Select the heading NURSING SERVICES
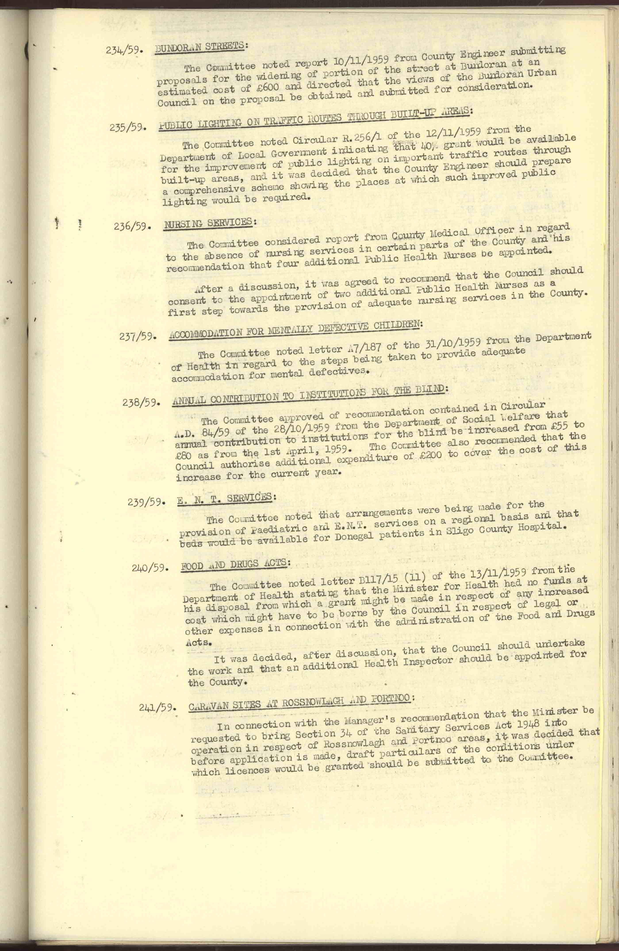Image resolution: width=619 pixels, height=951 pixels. click(208, 223)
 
